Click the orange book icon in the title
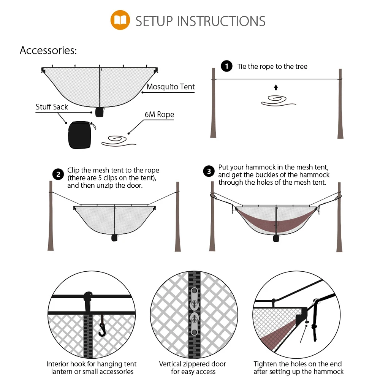tap(120, 20)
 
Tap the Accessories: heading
tap(48, 51)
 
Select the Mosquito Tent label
tap(171, 87)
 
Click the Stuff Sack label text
tap(52, 107)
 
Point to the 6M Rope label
tap(159, 114)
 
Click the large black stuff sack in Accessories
tap(80, 135)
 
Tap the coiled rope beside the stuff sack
tap(119, 141)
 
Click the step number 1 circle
tap(226, 66)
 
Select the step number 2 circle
tap(58, 174)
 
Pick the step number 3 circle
tap(209, 171)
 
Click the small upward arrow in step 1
tap(276, 87)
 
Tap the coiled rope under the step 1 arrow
tap(278, 101)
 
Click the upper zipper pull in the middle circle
tap(194, 299)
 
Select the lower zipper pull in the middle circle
tap(194, 323)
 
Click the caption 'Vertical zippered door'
tap(192, 364)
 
